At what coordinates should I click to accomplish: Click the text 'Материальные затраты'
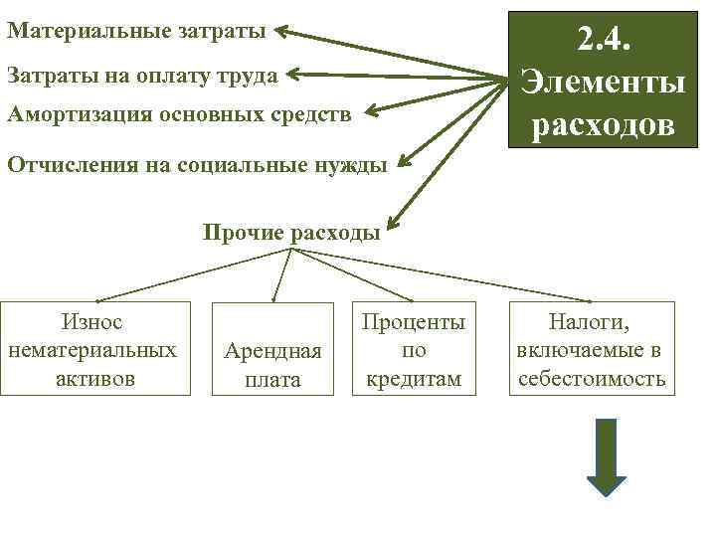[136, 31]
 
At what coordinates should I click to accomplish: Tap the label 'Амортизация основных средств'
[179, 114]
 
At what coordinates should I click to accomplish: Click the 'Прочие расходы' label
[291, 234]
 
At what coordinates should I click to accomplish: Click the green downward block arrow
[606, 456]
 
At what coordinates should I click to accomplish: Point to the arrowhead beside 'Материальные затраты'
[282, 32]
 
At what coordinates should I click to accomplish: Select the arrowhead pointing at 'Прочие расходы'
[390, 226]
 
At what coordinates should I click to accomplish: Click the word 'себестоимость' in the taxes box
[592, 380]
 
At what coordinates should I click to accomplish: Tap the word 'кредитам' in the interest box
[414, 379]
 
